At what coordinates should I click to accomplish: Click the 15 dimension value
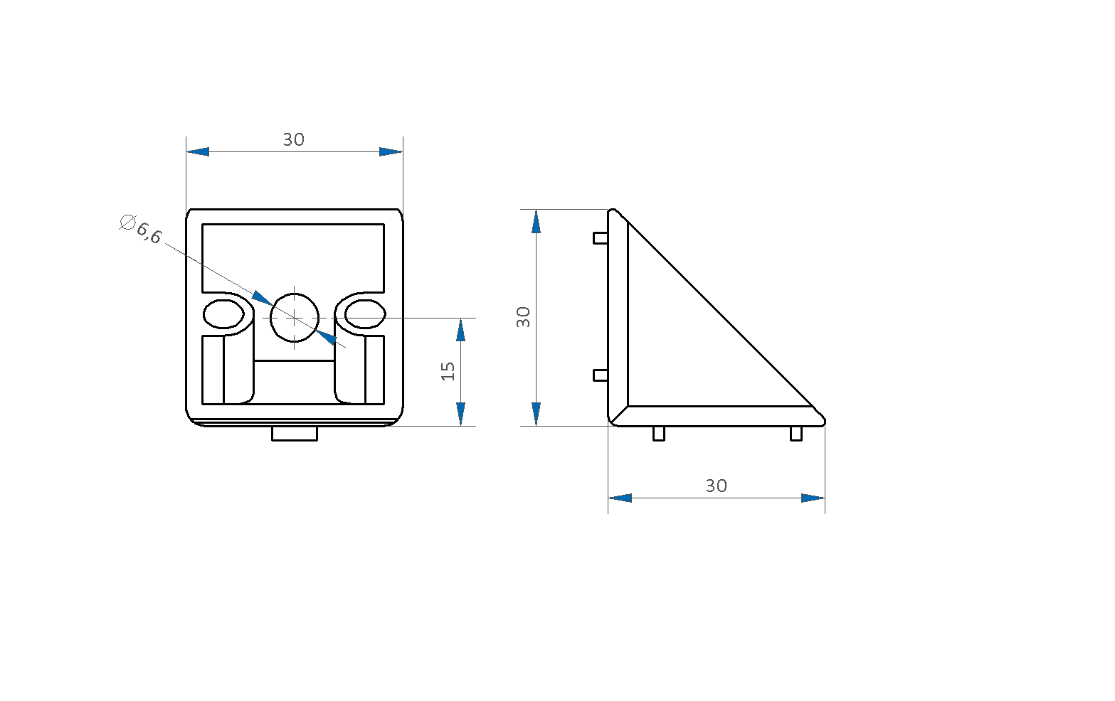[448, 371]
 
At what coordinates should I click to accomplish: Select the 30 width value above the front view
[294, 140]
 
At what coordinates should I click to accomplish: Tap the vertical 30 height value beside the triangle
[524, 317]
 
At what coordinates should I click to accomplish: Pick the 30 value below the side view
[717, 486]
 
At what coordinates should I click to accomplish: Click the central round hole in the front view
[294, 317]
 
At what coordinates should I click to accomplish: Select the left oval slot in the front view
[223, 314]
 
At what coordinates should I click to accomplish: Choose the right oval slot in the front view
[365, 314]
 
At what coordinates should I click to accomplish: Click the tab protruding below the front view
[294, 434]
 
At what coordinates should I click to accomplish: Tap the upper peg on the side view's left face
[601, 238]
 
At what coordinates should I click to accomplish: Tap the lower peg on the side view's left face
[601, 375]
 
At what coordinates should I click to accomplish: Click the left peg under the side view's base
[659, 434]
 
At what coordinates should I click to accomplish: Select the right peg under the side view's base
[796, 434]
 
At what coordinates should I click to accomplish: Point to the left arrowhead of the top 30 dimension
[198, 151]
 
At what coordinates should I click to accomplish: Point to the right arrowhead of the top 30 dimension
[391, 151]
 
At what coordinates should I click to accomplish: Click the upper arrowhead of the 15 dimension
[460, 330]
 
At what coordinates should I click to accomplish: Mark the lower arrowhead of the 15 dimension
[460, 414]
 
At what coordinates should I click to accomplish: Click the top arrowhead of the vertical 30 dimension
[536, 221]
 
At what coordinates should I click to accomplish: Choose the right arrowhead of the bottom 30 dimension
[813, 498]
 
